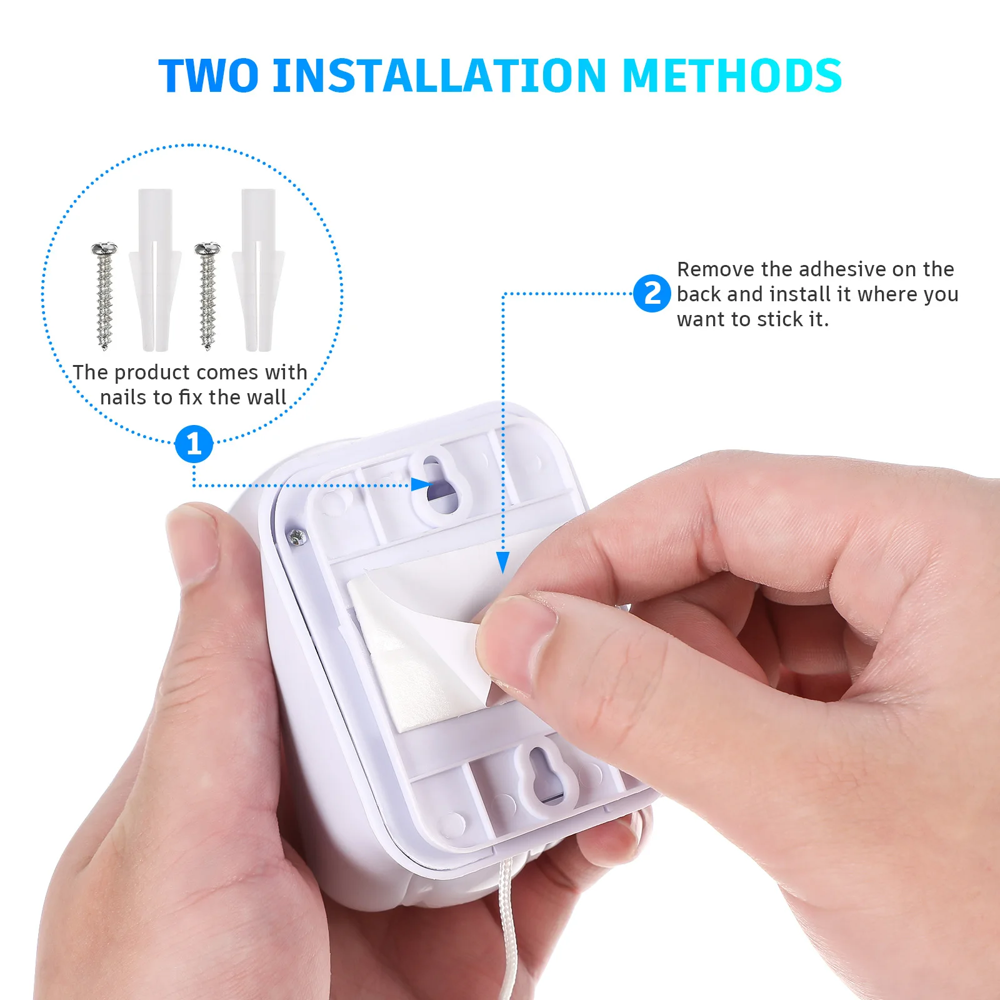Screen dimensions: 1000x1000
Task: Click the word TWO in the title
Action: coord(208,76)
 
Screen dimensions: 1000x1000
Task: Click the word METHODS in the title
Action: coord(732,76)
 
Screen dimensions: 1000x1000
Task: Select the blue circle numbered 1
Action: coord(194,444)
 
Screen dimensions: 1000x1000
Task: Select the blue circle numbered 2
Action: coord(652,293)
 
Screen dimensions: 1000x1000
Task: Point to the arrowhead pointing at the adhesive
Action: coord(502,562)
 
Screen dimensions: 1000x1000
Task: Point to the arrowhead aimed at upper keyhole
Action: coord(421,484)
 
